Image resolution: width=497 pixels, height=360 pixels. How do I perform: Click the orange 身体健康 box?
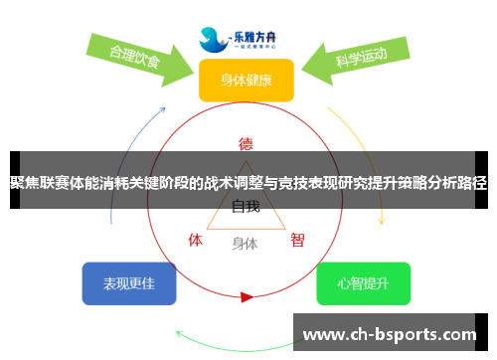pos(247,81)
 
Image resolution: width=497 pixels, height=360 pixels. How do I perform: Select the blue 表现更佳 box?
pos(129,283)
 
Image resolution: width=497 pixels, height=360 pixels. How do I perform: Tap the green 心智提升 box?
pos(363,283)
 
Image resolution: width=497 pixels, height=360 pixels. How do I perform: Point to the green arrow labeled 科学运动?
pos(358,59)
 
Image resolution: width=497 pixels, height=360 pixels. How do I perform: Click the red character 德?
pos(246,142)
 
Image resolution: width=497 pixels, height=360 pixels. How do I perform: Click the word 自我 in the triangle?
pos(246,207)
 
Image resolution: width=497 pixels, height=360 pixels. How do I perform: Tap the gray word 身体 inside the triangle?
pos(246,243)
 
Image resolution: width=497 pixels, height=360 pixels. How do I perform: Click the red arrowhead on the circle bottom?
pos(247,296)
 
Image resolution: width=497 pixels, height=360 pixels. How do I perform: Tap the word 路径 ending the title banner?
pos(474,183)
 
